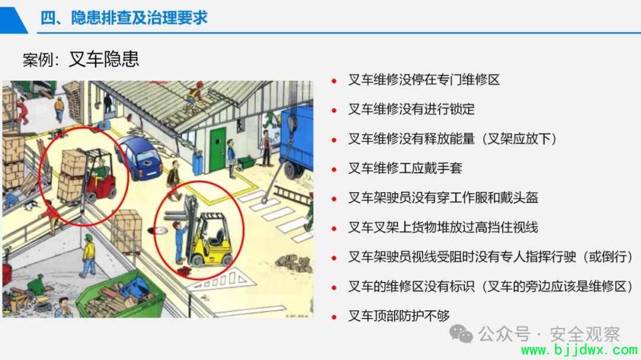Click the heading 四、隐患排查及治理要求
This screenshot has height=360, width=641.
(x=124, y=18)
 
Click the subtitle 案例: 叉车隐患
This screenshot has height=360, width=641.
(x=81, y=59)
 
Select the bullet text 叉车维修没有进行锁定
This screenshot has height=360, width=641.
(x=411, y=109)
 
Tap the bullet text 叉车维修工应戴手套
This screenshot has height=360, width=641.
(x=405, y=168)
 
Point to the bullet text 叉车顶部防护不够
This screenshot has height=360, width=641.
(x=399, y=316)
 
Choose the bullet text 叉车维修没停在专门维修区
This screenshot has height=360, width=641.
(x=424, y=79)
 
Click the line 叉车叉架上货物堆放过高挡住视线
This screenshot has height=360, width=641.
(x=443, y=227)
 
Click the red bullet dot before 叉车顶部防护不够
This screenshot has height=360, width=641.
(x=334, y=316)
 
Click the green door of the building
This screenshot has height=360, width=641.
(x=217, y=149)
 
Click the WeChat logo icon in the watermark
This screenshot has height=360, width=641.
(x=461, y=334)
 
